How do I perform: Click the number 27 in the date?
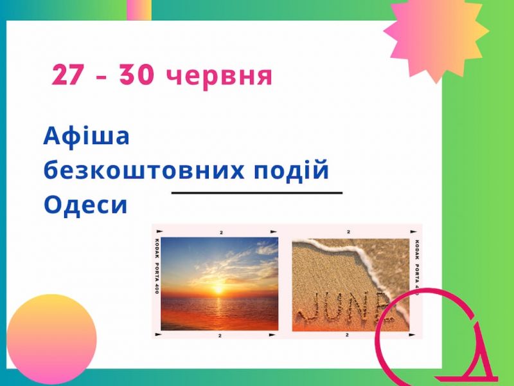67,75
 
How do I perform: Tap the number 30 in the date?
136,75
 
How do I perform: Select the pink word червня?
219,77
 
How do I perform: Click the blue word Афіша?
86,136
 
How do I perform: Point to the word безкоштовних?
144,170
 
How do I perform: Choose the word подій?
291,169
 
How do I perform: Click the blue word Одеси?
85,205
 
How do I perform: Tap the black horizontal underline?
256,192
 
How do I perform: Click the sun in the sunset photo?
218,289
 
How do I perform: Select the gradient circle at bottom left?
51,340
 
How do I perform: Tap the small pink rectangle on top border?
139,10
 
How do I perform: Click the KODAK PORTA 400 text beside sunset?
156,266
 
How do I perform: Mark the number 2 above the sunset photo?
221,233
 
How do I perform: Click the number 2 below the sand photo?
347,335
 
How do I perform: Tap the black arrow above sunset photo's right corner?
272,231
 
